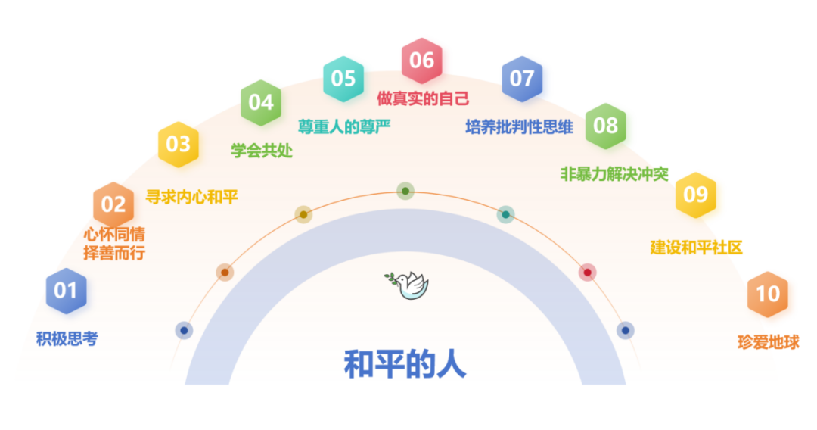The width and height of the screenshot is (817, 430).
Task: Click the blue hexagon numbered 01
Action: [66, 291]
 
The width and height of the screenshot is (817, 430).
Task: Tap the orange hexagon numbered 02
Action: [113, 204]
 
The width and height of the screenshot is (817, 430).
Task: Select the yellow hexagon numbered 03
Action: [179, 145]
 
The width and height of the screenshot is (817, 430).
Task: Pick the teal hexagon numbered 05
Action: [343, 79]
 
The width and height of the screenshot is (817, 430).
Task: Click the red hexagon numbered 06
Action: [422, 61]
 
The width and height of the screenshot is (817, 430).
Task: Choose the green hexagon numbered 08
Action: [605, 126]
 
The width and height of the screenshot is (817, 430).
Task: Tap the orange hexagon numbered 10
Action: [768, 294]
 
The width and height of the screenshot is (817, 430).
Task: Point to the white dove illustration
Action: [407, 285]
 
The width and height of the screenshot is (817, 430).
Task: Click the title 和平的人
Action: [405, 364]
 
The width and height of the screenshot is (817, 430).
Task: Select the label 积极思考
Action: [67, 339]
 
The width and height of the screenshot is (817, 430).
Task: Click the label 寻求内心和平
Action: [191, 197]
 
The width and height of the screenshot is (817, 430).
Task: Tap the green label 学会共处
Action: [262, 151]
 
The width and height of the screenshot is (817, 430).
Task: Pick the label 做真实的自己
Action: [423, 98]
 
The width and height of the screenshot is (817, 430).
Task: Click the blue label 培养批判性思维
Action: [519, 126]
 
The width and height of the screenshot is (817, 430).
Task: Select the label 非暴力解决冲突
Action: [614, 173]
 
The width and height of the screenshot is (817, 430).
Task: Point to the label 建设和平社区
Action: [696, 247]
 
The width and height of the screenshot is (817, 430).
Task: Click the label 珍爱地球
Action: [768, 342]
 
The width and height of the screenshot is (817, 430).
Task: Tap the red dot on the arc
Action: [587, 272]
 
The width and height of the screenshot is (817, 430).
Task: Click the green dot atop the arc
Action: [405, 192]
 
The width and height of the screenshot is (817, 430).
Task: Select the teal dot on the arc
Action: [505, 214]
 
